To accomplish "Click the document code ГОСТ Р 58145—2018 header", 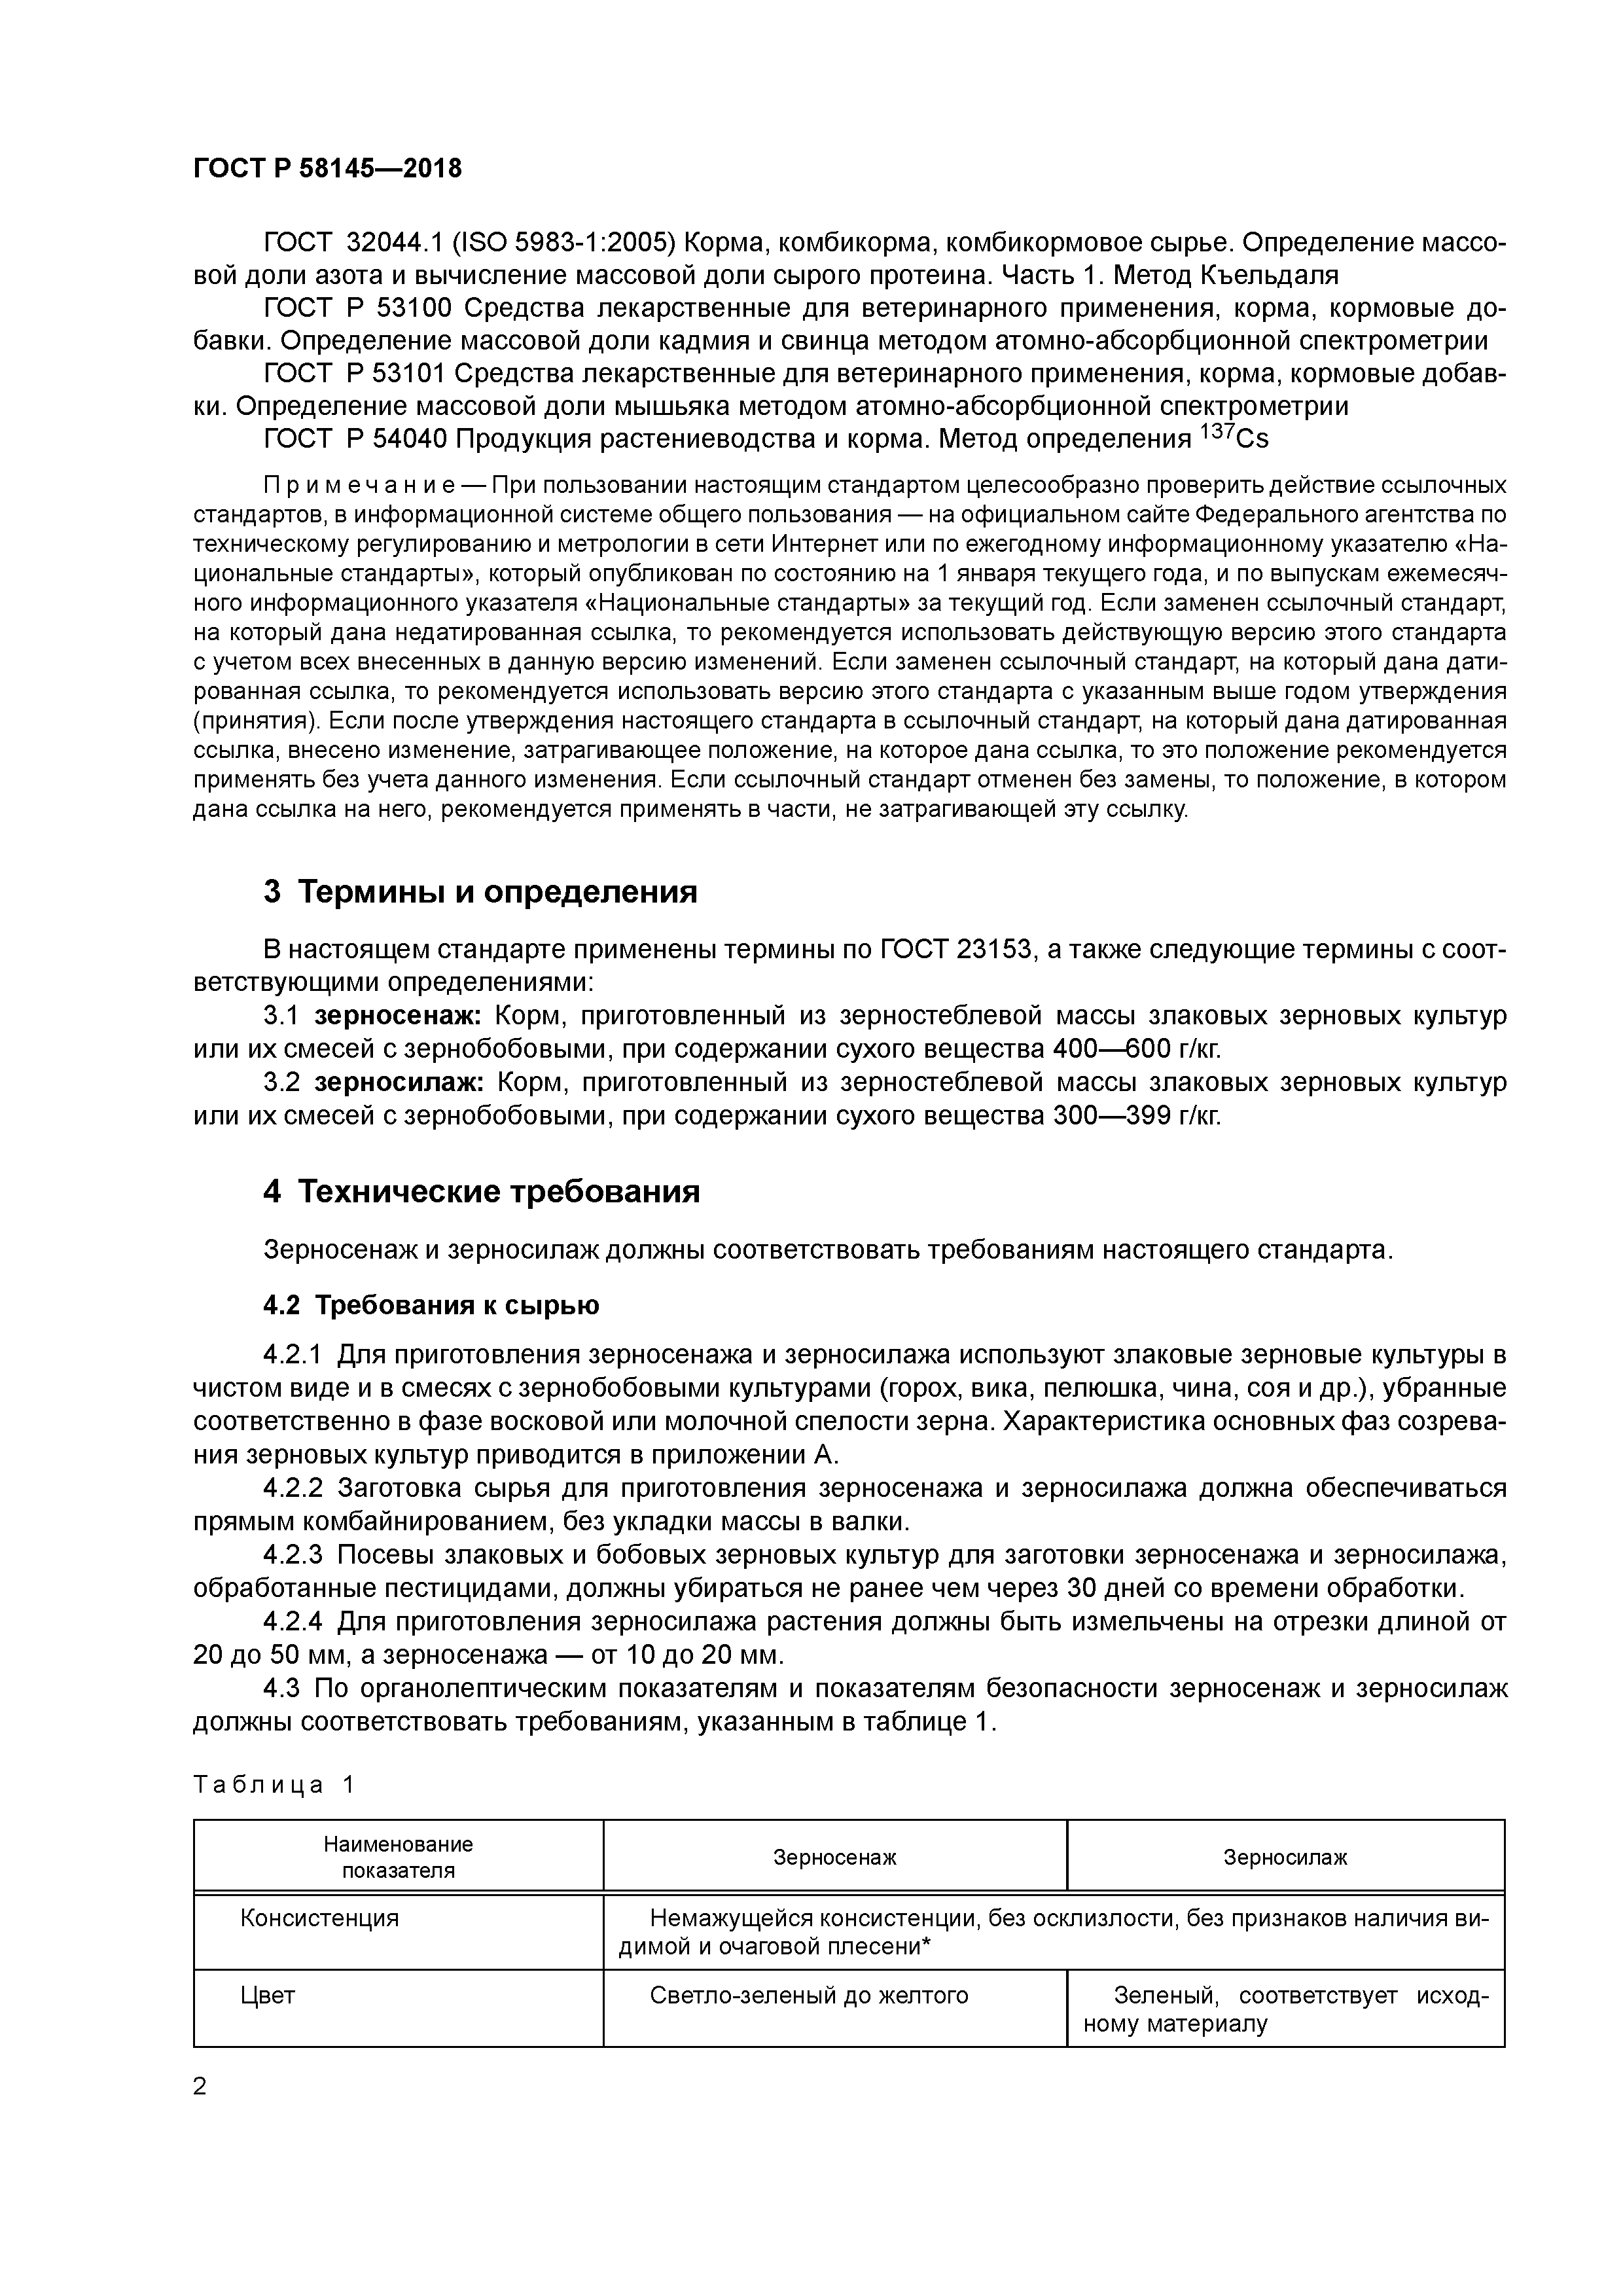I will coord(327,168).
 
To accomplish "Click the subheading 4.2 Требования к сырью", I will coord(431,1305).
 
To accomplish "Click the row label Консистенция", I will coord(319,1917).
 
